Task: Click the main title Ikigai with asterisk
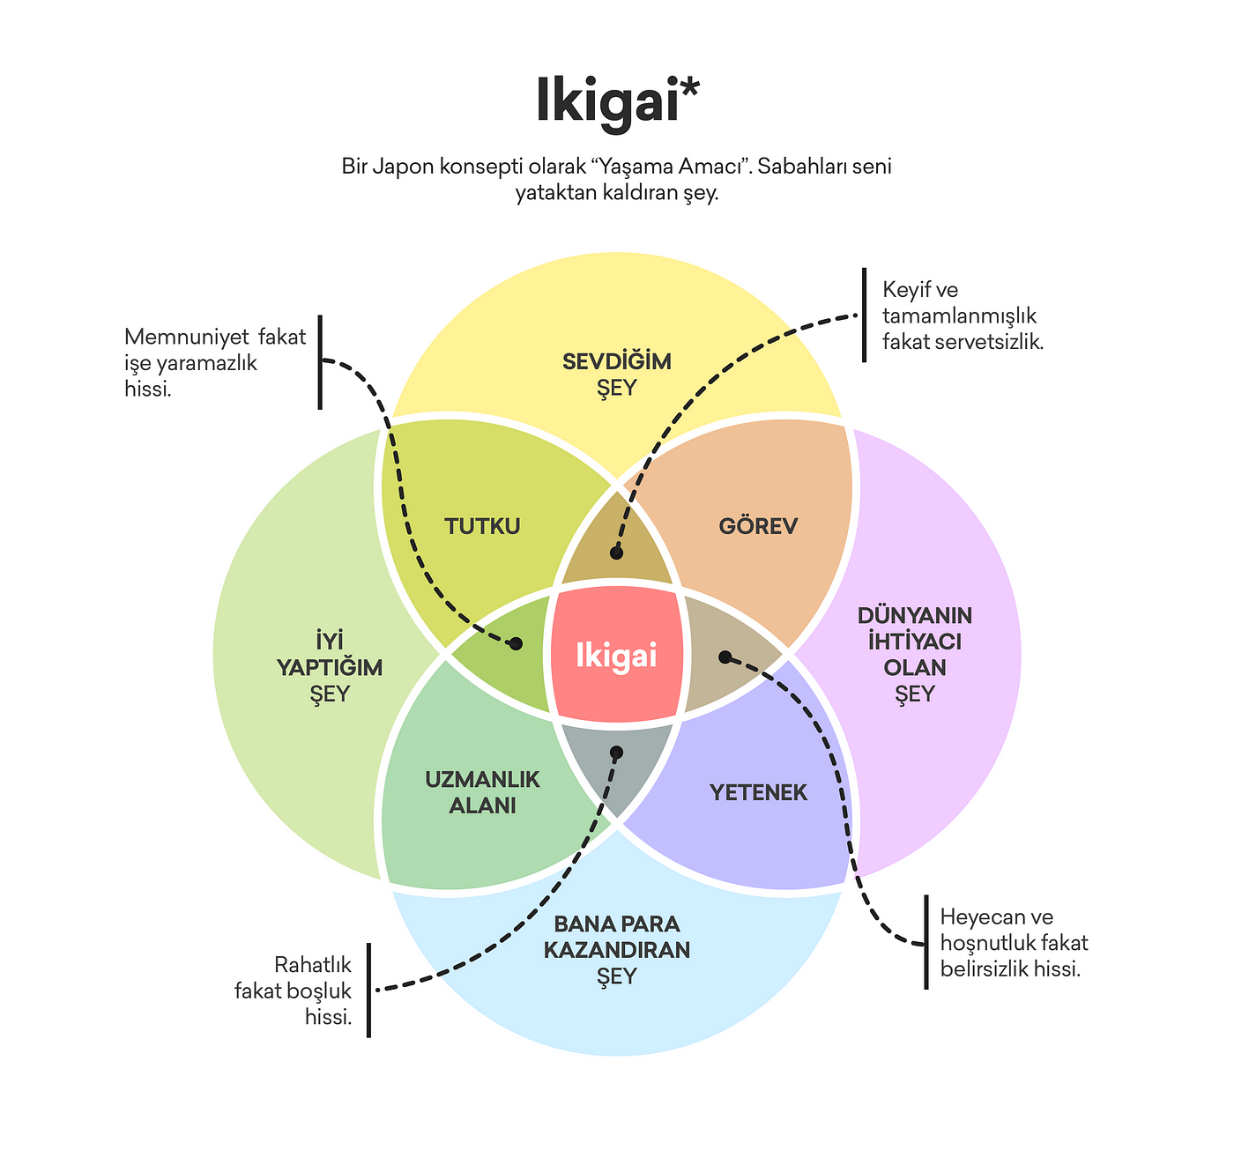[617, 101]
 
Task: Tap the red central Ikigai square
[616, 656]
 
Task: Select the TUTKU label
[482, 526]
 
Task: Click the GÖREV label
[758, 526]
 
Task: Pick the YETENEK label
[758, 792]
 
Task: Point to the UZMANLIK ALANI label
[482, 792]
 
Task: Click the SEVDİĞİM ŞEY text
[617, 375]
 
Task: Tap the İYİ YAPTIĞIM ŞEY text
[330, 667]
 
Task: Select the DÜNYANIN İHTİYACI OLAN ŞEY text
[915, 654]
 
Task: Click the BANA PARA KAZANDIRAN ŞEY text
[617, 950]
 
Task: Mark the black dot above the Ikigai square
[616, 553]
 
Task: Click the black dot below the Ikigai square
[616, 753]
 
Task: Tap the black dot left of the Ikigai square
[517, 644]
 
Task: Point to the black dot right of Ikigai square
[725, 657]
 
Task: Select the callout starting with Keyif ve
[963, 315]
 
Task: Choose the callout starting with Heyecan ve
[1014, 943]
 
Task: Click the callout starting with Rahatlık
[294, 991]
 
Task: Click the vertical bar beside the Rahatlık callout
[368, 990]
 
